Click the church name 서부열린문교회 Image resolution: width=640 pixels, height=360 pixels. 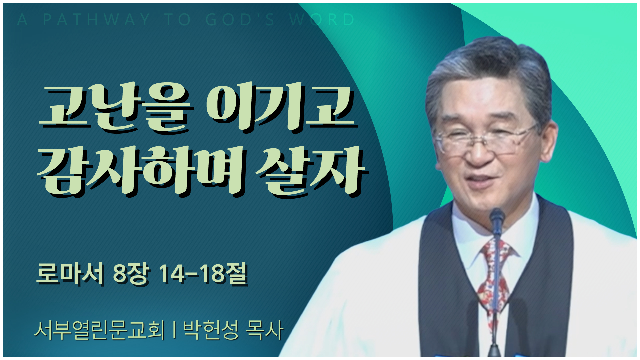pyautogui.click(x=100, y=330)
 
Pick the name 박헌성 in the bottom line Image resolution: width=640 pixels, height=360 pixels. pyautogui.click(x=211, y=330)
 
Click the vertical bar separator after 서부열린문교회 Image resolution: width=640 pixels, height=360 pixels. pyautogui.click(x=174, y=330)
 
